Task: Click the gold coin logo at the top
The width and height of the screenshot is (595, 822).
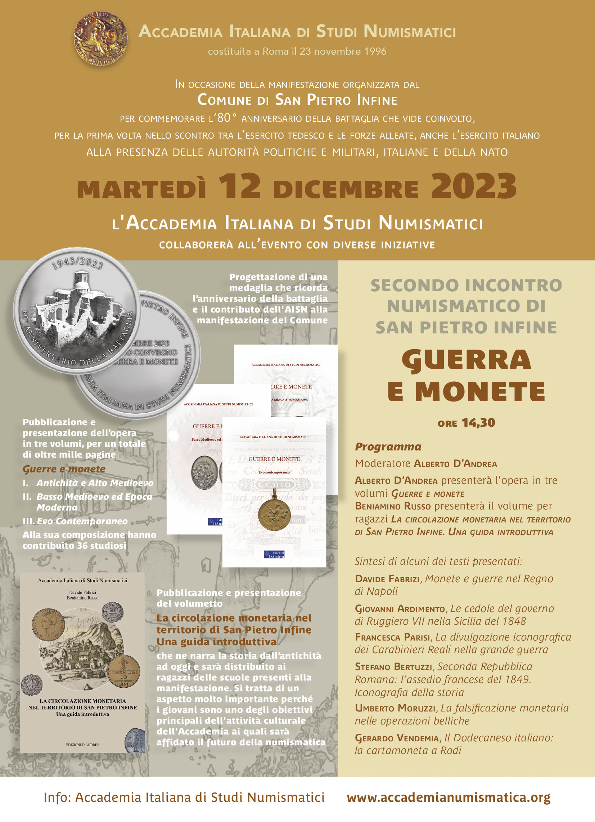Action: click(100, 39)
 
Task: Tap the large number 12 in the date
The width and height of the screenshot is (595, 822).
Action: click(239, 186)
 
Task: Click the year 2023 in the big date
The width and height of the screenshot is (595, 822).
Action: click(474, 186)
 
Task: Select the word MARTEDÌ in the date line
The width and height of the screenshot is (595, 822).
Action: click(142, 189)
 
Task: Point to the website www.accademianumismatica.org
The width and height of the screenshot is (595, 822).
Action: click(448, 798)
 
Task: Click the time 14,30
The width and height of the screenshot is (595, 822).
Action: click(478, 423)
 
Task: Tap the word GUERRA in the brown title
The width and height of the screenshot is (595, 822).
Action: click(466, 360)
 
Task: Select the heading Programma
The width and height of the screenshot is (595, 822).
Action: click(388, 446)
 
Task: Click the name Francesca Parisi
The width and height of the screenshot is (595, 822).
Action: click(393, 637)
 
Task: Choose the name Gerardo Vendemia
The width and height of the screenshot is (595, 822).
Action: click(397, 738)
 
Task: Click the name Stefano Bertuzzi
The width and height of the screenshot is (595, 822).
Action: click(393, 666)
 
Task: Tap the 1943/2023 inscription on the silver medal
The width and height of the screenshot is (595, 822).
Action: click(77, 263)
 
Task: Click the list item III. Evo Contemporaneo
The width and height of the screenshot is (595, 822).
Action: click(75, 521)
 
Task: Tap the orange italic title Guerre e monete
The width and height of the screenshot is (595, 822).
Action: click(64, 469)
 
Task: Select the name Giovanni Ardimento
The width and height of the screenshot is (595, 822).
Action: click(400, 608)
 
